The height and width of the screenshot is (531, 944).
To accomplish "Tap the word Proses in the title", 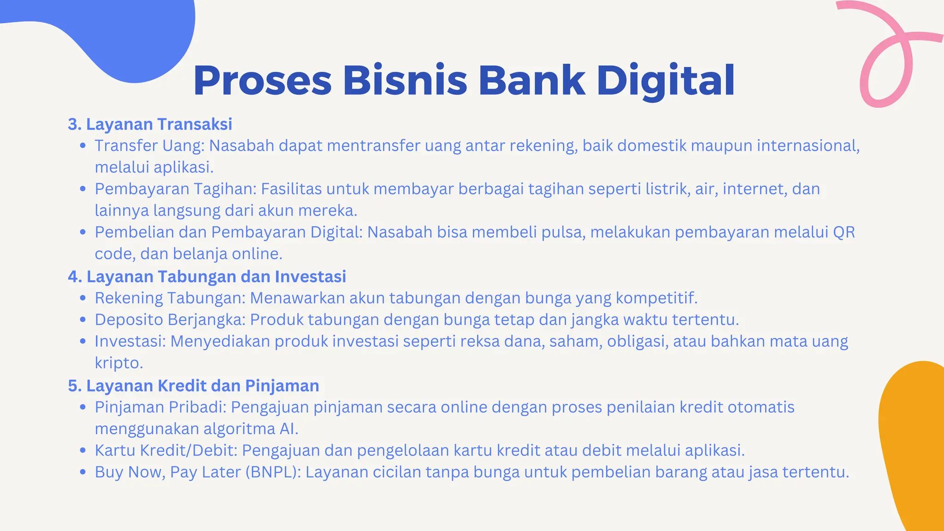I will (x=263, y=81).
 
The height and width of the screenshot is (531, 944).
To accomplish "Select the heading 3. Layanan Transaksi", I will (x=150, y=124).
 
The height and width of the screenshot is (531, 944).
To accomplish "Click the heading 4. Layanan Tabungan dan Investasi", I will (x=207, y=277).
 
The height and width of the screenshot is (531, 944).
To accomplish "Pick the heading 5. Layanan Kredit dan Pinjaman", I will (x=194, y=386).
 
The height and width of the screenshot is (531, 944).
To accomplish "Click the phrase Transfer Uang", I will (x=149, y=146).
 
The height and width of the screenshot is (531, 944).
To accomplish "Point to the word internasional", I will (x=808, y=146).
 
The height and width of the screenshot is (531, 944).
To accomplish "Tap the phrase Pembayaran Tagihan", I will (x=175, y=189).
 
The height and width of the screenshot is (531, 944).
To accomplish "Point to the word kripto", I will (x=118, y=363).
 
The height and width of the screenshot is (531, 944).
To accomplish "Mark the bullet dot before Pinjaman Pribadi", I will (x=83, y=407).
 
